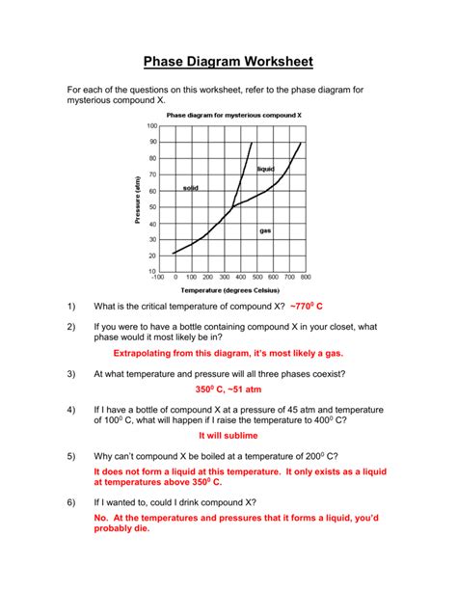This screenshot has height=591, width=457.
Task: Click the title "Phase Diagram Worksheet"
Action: point(228,63)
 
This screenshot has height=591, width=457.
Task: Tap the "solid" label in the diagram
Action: point(191,188)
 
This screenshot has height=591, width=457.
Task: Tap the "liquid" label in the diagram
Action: point(266,170)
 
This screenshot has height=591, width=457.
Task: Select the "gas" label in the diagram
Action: point(266,230)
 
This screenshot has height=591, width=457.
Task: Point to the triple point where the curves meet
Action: point(233,205)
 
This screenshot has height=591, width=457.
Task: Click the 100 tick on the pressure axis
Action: point(151,125)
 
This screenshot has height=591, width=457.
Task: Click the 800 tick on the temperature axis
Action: point(305,278)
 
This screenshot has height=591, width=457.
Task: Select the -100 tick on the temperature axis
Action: point(156,278)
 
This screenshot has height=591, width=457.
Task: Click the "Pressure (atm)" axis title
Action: point(139,201)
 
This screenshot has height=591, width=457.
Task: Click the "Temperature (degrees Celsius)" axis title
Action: point(228,289)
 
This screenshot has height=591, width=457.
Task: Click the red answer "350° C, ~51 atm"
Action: point(228,391)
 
